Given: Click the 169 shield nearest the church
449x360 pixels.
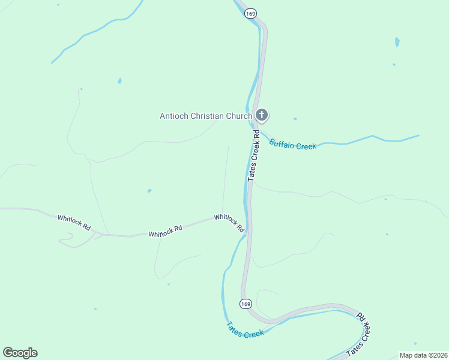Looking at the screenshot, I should point(250,14).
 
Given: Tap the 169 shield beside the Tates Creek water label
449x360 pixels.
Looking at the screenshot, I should point(246,304).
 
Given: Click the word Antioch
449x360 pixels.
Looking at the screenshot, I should point(174,116).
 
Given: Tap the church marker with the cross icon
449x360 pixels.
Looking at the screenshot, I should point(261,115).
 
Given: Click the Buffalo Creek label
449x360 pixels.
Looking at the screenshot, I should point(292,145).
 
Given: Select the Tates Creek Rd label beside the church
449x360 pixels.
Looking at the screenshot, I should point(254,155).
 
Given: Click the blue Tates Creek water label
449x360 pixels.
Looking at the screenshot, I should point(244,330).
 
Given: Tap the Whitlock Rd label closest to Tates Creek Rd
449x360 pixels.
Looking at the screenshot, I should point(229,223).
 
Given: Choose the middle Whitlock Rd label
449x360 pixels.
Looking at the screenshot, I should point(165,230).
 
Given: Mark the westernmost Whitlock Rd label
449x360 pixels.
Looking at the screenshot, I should point(74,223).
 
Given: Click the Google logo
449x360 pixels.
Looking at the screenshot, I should point(20,353).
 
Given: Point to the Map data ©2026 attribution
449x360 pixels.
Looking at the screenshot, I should point(423,355).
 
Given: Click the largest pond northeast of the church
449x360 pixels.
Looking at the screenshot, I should point(397,42).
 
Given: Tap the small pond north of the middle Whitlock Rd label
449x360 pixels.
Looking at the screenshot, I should point(149,191).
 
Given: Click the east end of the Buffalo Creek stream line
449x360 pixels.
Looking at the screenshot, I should point(418,136).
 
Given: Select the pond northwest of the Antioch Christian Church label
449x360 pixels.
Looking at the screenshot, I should point(120,80).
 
